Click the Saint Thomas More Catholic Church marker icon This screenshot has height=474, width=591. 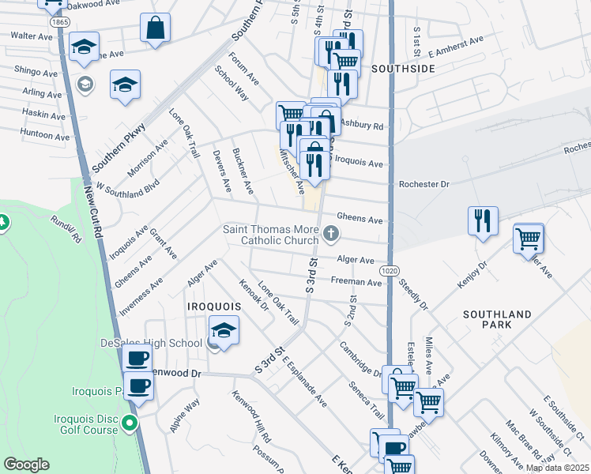(x=332, y=233)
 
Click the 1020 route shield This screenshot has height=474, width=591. (x=389, y=270)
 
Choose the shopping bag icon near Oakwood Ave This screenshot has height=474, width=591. (x=156, y=28)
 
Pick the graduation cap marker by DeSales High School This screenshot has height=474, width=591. (x=224, y=331)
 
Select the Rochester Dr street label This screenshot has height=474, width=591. (x=423, y=184)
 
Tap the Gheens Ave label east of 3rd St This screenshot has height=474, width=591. (x=359, y=217)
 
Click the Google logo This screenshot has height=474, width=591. (x=26, y=465)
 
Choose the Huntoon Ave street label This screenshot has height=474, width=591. (x=46, y=136)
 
